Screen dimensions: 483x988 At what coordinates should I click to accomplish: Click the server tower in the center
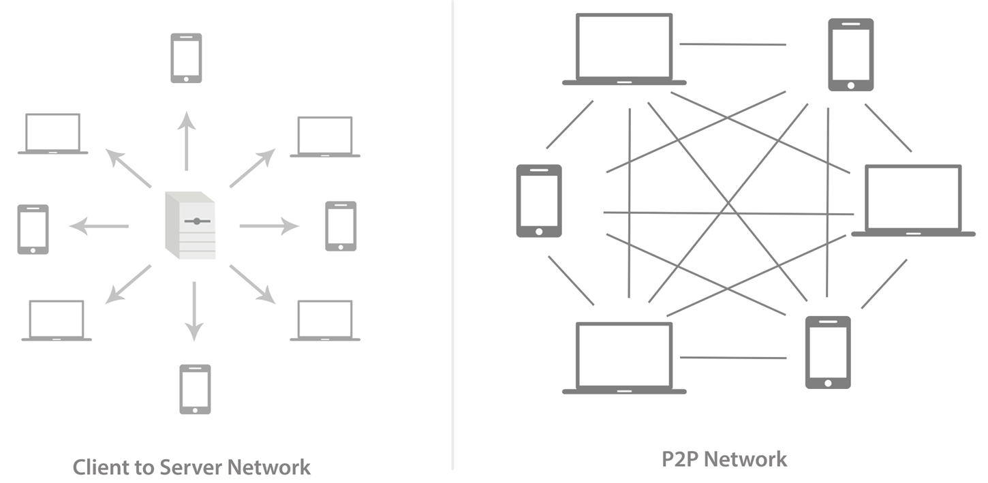coord(191,225)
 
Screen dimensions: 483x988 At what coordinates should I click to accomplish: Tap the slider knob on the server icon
coord(197,221)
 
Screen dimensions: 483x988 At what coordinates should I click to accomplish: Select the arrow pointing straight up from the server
coord(187,141)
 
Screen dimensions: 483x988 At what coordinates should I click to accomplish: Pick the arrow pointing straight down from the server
coord(194,311)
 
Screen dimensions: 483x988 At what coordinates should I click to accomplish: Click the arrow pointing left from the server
coord(99,225)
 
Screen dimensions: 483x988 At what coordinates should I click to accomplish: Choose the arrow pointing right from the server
coord(269,225)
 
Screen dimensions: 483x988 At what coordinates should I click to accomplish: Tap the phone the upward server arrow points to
coord(186,59)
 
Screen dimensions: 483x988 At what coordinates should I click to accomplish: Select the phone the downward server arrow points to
coord(195,389)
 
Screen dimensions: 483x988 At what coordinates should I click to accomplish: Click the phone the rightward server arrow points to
coord(341,225)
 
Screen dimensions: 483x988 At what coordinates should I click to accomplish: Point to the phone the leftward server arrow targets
coord(33,229)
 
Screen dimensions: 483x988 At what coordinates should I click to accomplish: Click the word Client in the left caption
coord(99,467)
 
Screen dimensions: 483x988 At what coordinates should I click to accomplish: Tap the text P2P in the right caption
coord(681,459)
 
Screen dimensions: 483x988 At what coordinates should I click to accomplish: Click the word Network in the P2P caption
coord(747,459)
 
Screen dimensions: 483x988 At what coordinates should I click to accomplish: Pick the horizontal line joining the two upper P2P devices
coord(732,44)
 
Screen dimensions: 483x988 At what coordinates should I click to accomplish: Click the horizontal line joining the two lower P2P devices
coord(732,357)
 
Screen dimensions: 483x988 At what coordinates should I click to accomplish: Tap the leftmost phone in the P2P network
coord(539,200)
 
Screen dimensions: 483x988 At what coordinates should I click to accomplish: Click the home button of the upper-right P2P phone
coord(851,85)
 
